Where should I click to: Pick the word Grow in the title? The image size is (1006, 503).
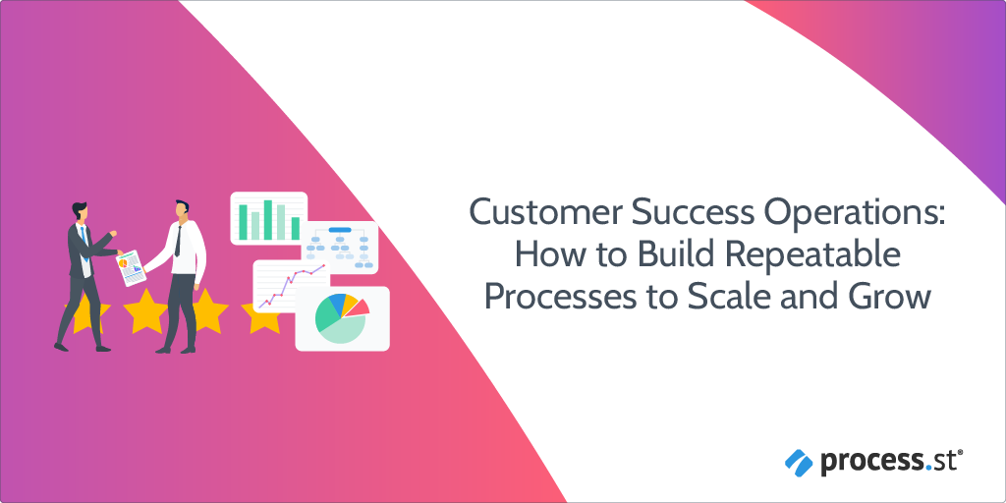[x=893, y=297]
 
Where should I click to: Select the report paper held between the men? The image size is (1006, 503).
[x=132, y=266]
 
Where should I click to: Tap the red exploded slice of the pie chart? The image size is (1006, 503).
[x=361, y=306]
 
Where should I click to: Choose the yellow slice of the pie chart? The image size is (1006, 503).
[x=350, y=299]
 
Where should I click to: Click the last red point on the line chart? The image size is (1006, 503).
[x=324, y=266]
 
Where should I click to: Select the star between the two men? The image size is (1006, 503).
[x=146, y=310]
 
